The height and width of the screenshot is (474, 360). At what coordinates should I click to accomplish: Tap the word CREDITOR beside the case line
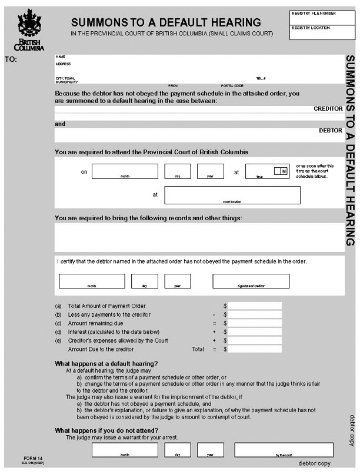tap(328, 109)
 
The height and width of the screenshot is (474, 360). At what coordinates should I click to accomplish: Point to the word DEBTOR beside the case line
tap(330, 130)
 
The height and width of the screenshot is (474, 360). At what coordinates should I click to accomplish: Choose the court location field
tap(232, 195)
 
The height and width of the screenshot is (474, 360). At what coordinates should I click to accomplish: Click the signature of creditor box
tap(251, 281)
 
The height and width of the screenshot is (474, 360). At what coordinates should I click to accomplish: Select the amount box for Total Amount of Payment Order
tap(255, 306)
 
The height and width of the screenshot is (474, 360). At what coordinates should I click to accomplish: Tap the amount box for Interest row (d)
tap(255, 332)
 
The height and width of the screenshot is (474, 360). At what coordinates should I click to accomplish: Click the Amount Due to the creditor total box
tap(255, 349)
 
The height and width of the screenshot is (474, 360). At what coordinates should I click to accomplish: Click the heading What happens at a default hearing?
tap(106, 363)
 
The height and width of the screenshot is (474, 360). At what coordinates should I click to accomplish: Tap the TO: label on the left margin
tap(11, 59)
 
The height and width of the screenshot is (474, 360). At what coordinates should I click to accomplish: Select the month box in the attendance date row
tap(125, 171)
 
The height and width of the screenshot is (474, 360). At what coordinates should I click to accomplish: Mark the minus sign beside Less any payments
tap(215, 314)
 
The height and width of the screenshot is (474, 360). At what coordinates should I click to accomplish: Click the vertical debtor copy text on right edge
tap(352, 430)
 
